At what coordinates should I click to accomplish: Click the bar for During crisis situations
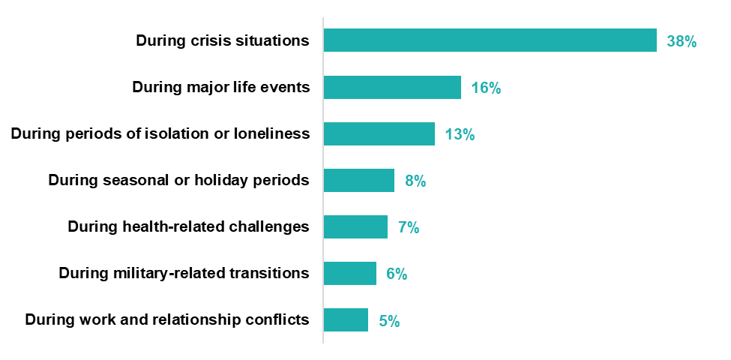click(x=490, y=40)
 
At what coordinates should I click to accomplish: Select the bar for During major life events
click(x=392, y=88)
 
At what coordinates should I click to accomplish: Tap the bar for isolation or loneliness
click(x=379, y=134)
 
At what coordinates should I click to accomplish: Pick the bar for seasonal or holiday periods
click(x=359, y=181)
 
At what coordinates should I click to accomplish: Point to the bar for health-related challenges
click(x=355, y=227)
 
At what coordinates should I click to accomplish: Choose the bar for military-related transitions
click(x=350, y=274)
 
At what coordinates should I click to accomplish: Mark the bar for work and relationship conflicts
click(x=346, y=320)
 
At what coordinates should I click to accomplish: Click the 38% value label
click(x=682, y=41)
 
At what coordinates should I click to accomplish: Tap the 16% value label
click(x=486, y=88)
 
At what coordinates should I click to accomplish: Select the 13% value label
click(x=460, y=135)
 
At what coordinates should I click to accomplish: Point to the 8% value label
click(x=415, y=181)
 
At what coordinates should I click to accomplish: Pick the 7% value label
click(x=409, y=228)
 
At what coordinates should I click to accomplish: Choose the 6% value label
click(x=397, y=274)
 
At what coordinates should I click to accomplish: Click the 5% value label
click(x=389, y=321)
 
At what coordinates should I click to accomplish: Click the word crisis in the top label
click(x=211, y=40)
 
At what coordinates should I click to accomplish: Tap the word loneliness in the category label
click(x=272, y=133)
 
